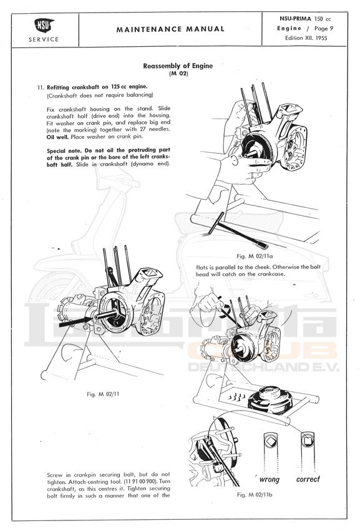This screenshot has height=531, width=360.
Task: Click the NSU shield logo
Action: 44,26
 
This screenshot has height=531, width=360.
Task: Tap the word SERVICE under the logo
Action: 44,39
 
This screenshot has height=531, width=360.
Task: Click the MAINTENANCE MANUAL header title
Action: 170,29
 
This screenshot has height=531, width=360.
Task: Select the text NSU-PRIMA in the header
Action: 295,19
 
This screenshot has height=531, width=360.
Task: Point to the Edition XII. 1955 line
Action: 306,38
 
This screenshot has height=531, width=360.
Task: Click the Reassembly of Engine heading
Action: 178,66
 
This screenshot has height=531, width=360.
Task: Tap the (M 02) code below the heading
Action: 178,74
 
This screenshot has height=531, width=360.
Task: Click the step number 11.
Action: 41,87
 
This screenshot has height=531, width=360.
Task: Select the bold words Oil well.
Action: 57,137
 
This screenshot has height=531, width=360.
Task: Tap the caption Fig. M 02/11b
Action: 255,495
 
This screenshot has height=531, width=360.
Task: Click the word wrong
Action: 270,479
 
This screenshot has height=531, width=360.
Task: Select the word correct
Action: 308,479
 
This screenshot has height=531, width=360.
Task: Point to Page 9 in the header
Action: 324,29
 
